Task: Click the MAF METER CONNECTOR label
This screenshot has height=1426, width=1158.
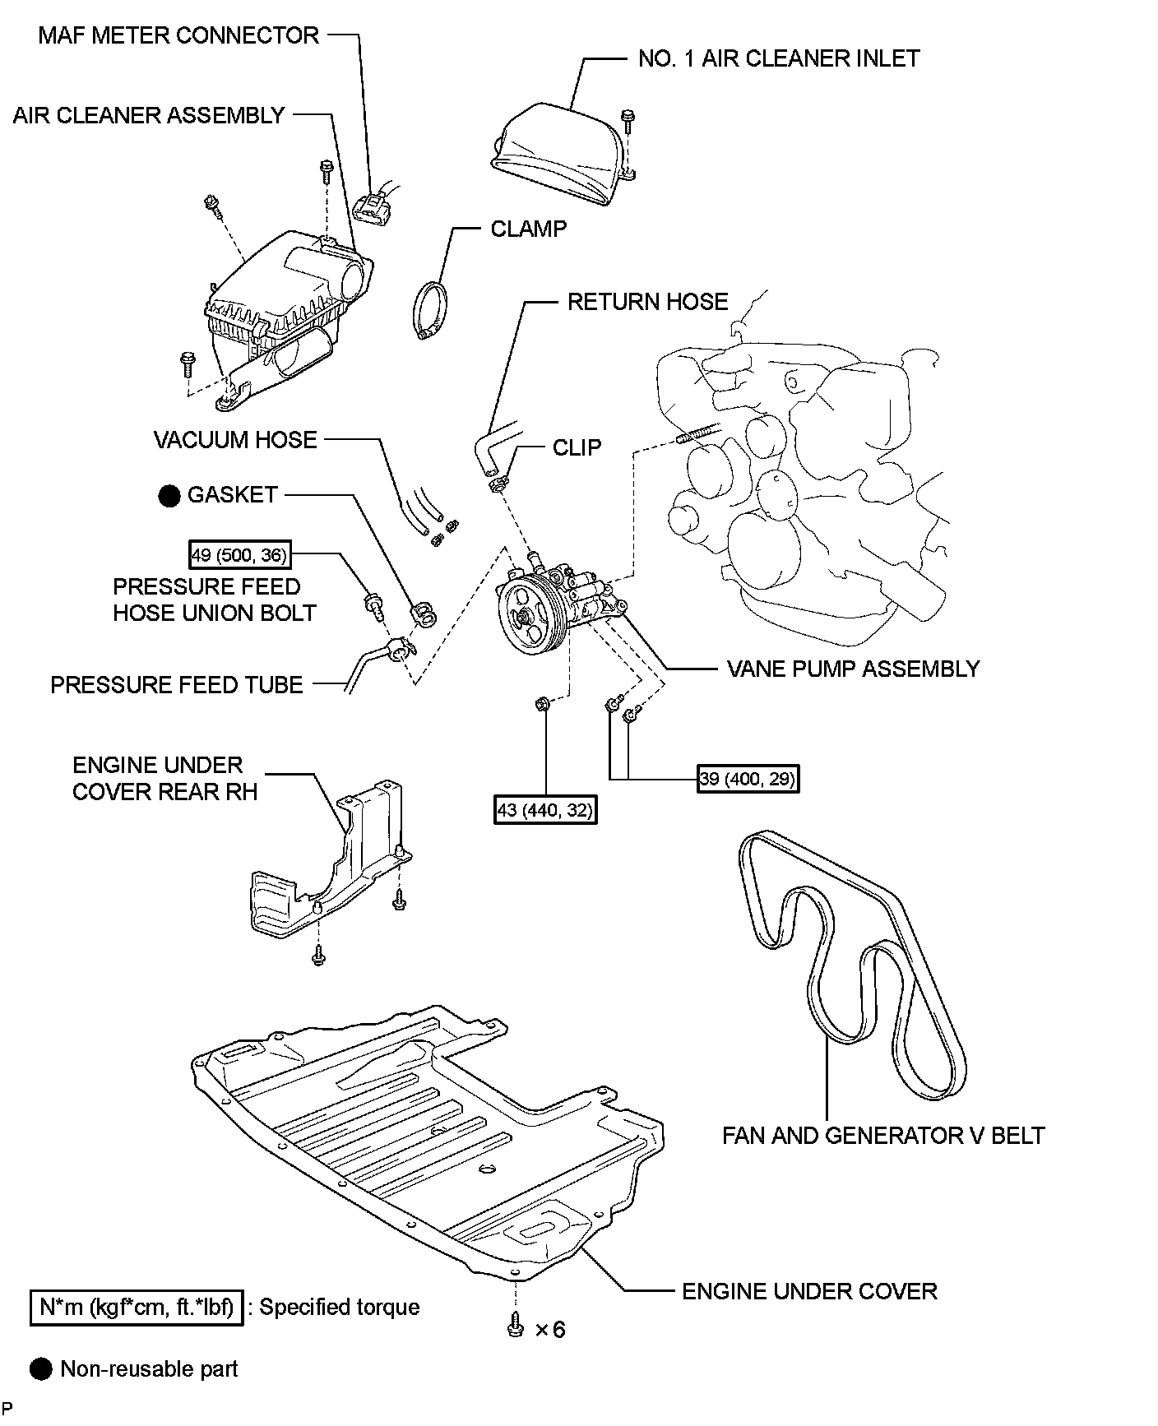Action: coord(178,35)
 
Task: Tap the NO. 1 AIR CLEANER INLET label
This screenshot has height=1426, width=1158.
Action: coord(778,58)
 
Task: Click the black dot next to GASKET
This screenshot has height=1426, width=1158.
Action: coord(169,495)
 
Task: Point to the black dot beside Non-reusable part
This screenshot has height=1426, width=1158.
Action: coord(40,1369)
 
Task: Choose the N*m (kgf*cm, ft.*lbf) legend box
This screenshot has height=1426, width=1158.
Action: coord(137,1308)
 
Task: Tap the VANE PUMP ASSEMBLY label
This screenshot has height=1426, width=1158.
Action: coord(853,669)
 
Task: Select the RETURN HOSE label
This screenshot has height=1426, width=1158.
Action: coord(647,302)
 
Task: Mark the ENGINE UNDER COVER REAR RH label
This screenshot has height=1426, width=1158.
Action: coord(164,778)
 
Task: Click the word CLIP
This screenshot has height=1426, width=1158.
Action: coord(577,447)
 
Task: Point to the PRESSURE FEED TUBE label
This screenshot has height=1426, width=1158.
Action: coord(177,685)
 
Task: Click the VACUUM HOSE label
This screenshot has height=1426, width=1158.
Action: coord(235,440)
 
